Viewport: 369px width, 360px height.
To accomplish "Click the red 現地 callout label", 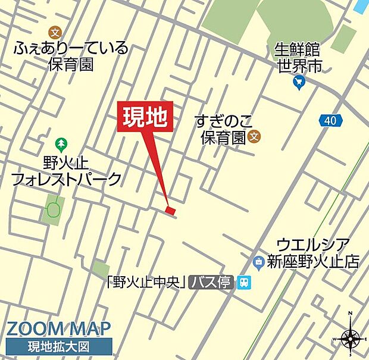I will [147, 117].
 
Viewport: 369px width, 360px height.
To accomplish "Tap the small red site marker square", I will [171, 210].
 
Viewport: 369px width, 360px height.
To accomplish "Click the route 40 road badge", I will [330, 121].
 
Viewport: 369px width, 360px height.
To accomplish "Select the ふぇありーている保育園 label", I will [71, 57].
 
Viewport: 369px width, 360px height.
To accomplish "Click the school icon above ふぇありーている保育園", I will [56, 33].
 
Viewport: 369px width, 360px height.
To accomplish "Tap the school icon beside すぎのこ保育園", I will [254, 137].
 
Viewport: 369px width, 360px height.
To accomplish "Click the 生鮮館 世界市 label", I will [298, 58].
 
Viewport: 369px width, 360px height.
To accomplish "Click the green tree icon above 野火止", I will [61, 144].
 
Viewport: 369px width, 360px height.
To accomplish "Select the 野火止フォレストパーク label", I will [66, 171].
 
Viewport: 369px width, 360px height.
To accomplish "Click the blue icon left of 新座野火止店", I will [259, 261].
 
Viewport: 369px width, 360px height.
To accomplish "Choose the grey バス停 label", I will [211, 283].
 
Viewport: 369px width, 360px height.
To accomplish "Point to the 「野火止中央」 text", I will [148, 283].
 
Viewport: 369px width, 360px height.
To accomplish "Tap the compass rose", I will [351, 339].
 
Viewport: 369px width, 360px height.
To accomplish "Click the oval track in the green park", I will [54, 209].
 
